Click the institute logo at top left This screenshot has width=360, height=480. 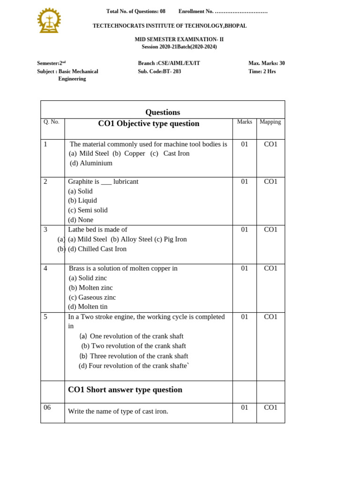point(49,21)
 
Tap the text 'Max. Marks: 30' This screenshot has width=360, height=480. point(266,63)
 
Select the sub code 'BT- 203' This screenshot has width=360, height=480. point(172,72)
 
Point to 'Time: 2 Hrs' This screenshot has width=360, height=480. point(262,72)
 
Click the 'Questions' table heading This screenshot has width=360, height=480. point(163,112)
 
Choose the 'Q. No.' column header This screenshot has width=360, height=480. point(52,122)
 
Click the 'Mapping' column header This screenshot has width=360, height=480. point(270,122)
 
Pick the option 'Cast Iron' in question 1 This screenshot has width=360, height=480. point(176,154)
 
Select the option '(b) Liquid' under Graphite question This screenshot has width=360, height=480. point(82,201)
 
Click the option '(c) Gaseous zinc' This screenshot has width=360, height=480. point(92,297)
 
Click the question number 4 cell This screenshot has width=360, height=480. point(45,269)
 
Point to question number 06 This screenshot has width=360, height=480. point(47,407)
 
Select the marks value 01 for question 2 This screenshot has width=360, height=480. point(245,182)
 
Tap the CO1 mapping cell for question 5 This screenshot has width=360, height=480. point(270,317)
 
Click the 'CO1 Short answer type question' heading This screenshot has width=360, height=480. point(125,390)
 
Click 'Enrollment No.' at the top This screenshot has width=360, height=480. point(196,11)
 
